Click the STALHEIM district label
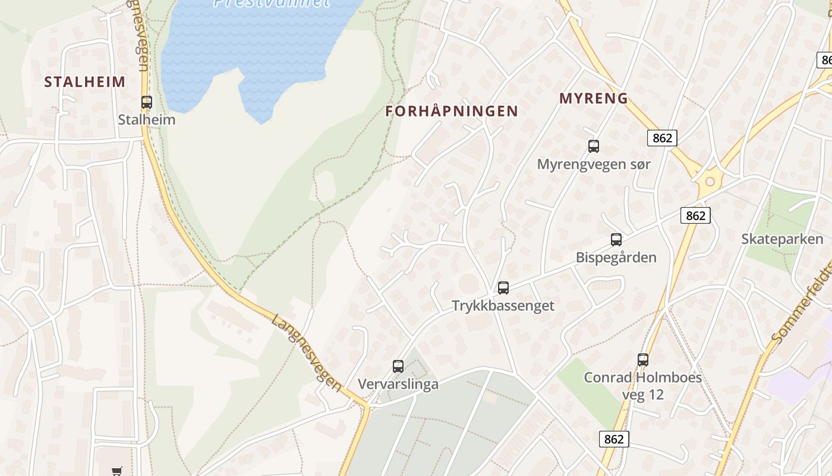click(85, 82)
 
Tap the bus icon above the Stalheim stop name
click(147, 102)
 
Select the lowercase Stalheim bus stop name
click(147, 120)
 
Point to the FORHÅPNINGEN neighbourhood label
click(452, 111)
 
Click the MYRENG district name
click(594, 99)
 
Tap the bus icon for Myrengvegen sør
click(593, 146)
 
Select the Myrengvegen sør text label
click(594, 164)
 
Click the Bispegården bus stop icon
click(616, 240)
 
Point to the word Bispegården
click(616, 258)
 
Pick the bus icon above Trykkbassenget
click(503, 288)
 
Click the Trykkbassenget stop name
click(503, 306)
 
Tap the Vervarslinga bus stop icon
click(398, 367)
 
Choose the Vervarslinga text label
click(398, 384)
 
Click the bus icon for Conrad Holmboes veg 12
click(643, 360)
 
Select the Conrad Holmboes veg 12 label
click(642, 386)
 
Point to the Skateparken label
click(782, 239)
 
